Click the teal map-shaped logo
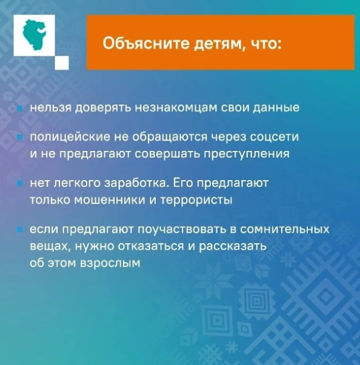tap(36, 36)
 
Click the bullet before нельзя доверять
tap(19, 109)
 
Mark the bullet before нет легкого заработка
tap(19, 183)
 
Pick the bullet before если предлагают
tap(19, 230)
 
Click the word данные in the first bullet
tap(275, 108)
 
